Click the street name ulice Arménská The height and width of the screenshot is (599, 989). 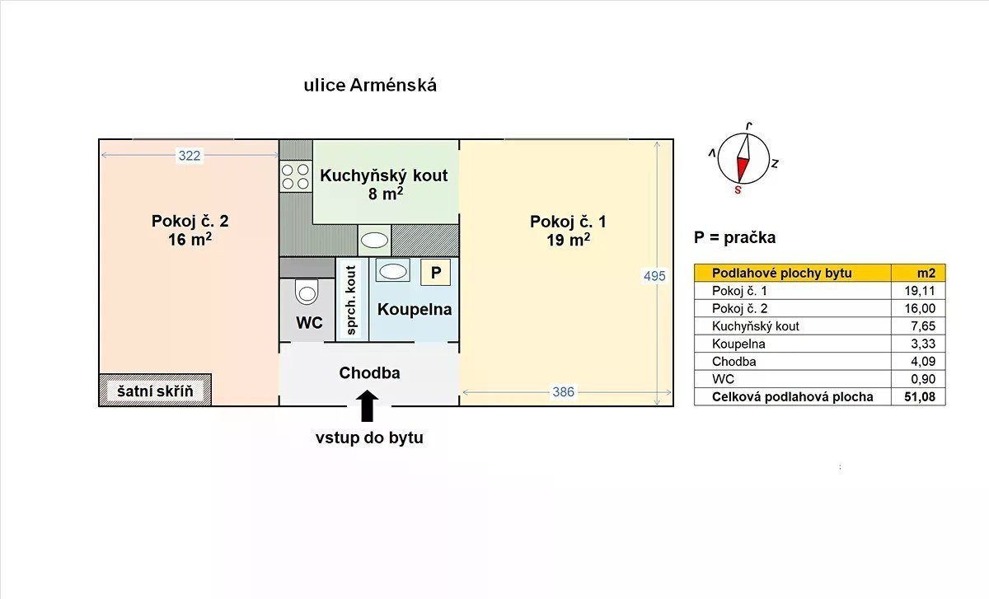[370, 85]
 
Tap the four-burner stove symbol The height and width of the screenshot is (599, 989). [295, 176]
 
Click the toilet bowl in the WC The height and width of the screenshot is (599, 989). [307, 292]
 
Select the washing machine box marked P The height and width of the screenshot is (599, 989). [435, 272]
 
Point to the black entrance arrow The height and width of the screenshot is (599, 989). [367, 406]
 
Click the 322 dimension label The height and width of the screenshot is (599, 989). [190, 156]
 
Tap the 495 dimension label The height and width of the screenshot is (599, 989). [654, 276]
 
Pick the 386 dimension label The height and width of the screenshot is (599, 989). [564, 392]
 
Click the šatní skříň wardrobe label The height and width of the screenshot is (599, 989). [155, 391]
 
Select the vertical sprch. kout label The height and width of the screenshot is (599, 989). [351, 300]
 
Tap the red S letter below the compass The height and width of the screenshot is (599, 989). [738, 190]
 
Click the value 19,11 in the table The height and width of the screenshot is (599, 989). [920, 291]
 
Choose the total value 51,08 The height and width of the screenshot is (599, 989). [920, 397]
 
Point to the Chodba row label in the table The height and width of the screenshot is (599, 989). [734, 362]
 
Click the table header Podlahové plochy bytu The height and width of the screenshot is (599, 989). [781, 274]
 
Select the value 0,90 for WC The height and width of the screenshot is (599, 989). [923, 379]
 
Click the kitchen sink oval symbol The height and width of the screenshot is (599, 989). [374, 241]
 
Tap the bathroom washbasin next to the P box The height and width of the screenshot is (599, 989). [393, 271]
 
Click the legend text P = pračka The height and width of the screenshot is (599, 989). [734, 237]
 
